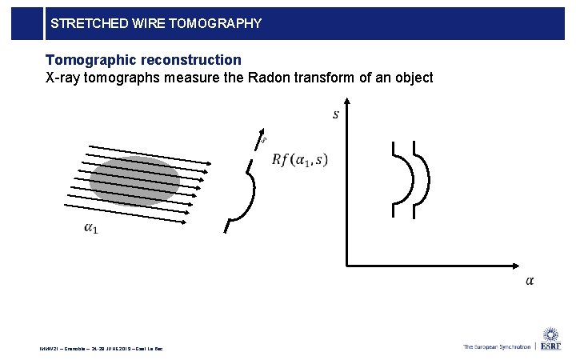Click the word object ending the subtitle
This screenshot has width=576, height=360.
point(414,78)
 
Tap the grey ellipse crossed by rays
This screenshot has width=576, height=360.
point(134,181)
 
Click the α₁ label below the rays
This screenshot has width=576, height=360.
point(91,229)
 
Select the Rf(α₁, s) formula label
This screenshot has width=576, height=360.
point(299,159)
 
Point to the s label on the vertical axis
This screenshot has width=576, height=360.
point(335,114)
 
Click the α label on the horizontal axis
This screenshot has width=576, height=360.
point(530,280)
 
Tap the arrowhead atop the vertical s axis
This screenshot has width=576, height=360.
point(346,103)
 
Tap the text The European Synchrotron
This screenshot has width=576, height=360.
point(496,346)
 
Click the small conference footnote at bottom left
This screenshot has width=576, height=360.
point(100,349)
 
